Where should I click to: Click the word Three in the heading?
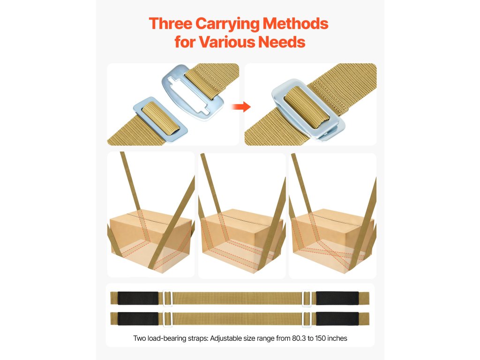pos(171,23)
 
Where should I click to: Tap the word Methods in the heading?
pos(295,23)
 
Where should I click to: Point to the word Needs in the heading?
pos(282,42)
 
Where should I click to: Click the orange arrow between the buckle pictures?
pos(241,107)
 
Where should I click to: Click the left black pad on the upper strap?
pos(138,298)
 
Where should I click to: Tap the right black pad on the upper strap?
pos(337,298)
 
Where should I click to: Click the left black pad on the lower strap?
pos(138,319)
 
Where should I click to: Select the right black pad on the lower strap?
pos(337,319)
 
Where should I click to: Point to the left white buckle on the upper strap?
pos(164,298)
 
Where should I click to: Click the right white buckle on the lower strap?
pos(303,319)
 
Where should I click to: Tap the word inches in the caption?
pos(337,338)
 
